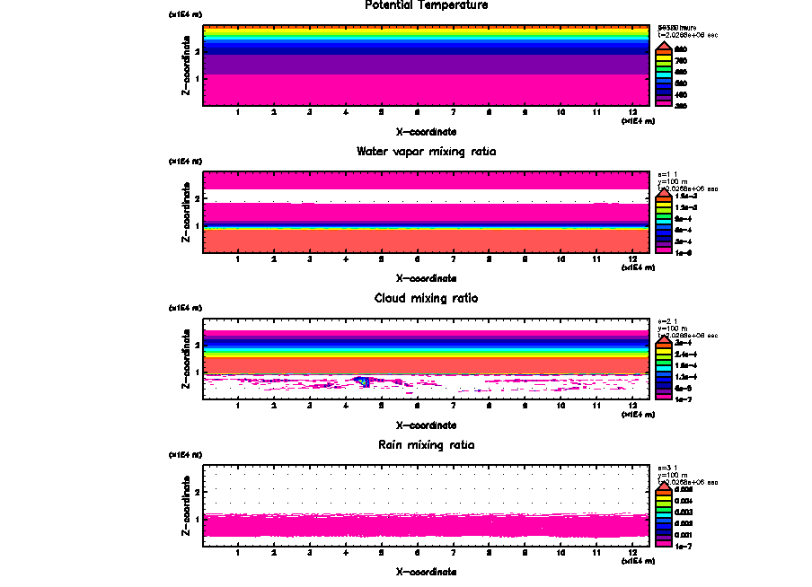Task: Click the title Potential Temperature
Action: coord(427,5)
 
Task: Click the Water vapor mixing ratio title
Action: coord(427,152)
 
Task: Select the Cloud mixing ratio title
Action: coord(427,298)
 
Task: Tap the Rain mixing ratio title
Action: coord(427,445)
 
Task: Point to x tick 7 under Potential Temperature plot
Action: coord(453,112)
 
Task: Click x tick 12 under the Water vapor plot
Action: coord(633,259)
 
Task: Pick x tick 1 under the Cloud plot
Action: coord(238,406)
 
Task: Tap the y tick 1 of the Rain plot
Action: coord(198,519)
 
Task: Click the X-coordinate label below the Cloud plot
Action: coord(427,425)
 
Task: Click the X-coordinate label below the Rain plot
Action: coord(427,571)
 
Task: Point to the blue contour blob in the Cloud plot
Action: coord(362,381)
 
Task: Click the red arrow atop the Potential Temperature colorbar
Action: coord(665,45)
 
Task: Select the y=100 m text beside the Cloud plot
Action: coord(672,329)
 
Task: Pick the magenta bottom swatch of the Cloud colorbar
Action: coord(665,396)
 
